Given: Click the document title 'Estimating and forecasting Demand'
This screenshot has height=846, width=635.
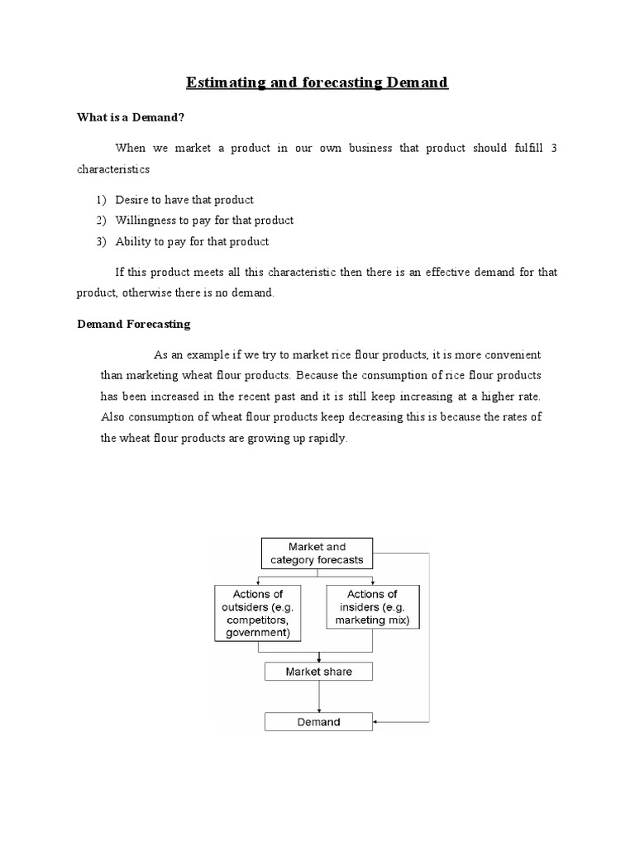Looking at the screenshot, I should click(317, 83).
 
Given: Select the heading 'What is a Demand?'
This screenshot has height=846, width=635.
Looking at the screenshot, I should click(129, 117).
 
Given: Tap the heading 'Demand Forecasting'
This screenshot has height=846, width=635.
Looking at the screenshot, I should click(134, 324).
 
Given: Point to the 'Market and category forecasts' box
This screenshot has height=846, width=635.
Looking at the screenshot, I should click(317, 554).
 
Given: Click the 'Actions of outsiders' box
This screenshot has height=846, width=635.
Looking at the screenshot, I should click(257, 613).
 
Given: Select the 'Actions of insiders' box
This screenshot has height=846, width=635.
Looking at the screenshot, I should click(371, 606).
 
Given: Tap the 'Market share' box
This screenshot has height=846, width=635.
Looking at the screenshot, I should click(318, 672).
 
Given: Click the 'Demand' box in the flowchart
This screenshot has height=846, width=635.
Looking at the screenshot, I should click(318, 722).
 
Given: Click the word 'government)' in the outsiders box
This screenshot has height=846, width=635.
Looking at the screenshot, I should click(257, 634).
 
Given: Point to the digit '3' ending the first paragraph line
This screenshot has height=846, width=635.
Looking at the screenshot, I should click(554, 148).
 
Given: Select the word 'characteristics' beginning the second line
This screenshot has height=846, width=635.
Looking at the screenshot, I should click(113, 169).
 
